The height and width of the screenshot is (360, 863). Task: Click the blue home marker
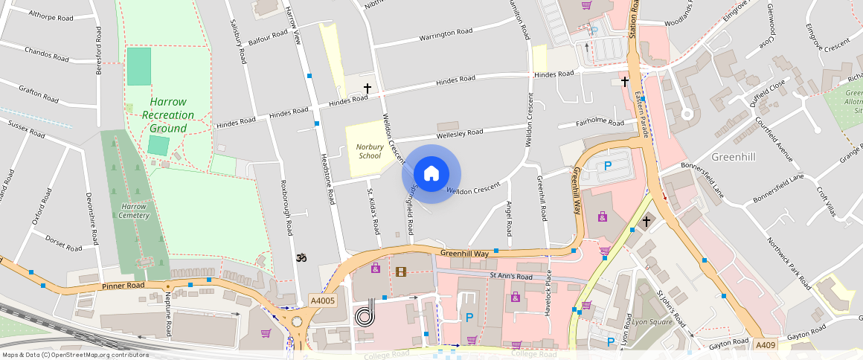(x=431, y=174)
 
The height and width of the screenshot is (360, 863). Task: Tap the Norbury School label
(x=369, y=151)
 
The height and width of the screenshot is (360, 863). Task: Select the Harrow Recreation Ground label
(x=167, y=115)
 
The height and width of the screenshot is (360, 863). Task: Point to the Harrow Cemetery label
(x=135, y=210)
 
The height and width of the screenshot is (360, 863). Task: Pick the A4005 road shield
(x=322, y=300)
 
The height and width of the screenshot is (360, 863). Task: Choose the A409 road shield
(x=766, y=345)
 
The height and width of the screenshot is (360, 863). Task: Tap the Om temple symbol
(x=301, y=258)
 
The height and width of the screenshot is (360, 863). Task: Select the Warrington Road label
(x=446, y=33)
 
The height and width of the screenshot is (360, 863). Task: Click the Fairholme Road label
(x=600, y=123)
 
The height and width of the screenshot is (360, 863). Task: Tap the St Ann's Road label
(x=511, y=277)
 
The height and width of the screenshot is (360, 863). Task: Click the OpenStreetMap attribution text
(x=74, y=355)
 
